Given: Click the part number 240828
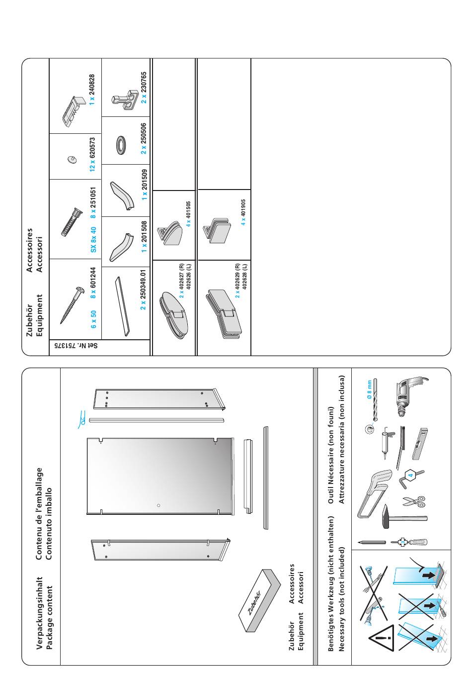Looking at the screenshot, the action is coord(92,85).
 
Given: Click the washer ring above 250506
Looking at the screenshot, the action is coord(122,144).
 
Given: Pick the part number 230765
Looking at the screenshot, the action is coord(144,82).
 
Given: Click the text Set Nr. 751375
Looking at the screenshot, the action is coord(76,346).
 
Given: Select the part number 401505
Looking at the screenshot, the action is coord(188,209).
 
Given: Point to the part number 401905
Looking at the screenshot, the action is coord(243,208).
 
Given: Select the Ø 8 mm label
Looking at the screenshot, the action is coord(369,389).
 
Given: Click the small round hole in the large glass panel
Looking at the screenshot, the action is coord(158,505).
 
